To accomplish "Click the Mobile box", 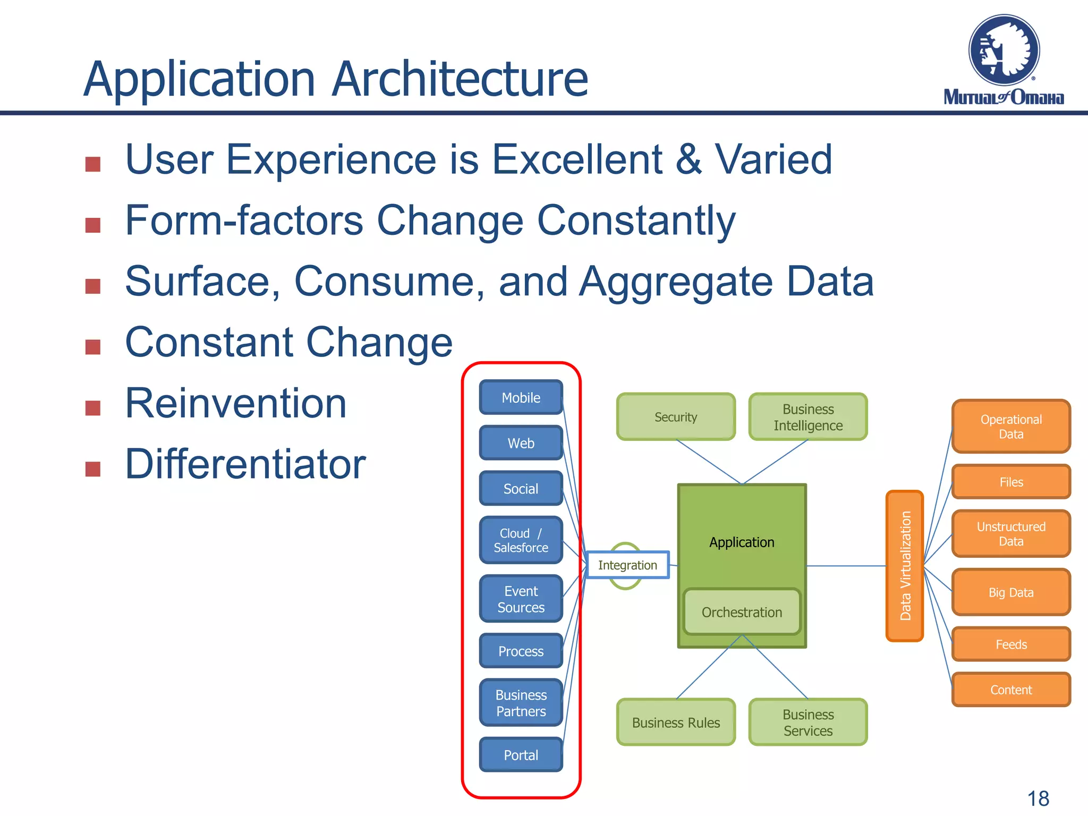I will point(521,397).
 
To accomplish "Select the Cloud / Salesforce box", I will point(521,540).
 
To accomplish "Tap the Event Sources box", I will point(521,599).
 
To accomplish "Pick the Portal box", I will point(521,754).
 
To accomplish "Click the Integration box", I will point(627,565).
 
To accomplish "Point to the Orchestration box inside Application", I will point(742,612).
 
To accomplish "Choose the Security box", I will point(676,417).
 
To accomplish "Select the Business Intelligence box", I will point(807,417).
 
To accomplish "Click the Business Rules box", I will point(676,722).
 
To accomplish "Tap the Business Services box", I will point(807,722).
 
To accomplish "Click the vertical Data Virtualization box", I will point(905,566).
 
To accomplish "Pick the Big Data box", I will point(1010,592).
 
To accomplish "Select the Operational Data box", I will point(1010,427).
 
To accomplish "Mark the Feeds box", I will point(1010,644).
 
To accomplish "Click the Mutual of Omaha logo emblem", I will point(1004,50).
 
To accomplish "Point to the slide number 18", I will point(1038,798).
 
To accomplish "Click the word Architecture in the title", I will point(460,80).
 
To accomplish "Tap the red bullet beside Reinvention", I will point(93,408).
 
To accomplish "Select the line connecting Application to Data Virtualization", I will point(846,566).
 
